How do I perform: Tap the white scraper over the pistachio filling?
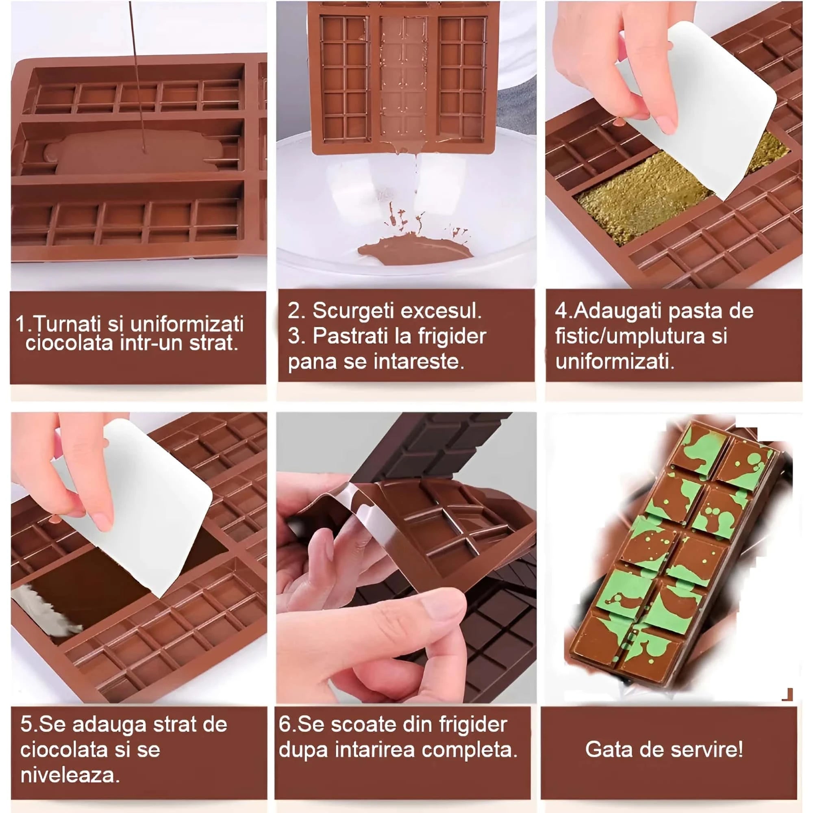(698, 105)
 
